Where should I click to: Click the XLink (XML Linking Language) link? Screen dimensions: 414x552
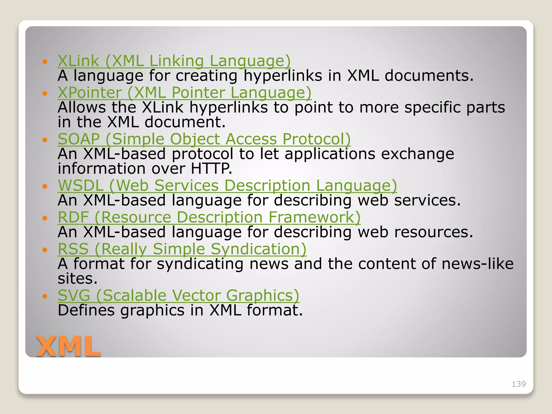174,61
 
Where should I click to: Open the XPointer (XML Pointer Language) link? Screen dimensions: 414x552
185,93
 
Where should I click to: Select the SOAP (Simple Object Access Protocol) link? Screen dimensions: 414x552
204,139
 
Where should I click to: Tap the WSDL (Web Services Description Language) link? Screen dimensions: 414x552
227,186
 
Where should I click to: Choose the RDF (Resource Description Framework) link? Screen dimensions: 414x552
209,217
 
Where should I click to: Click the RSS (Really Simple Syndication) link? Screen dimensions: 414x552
182,249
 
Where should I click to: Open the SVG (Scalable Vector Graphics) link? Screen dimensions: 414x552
178,295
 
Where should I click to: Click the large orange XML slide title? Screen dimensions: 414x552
68,347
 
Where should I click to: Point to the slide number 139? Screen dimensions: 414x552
519,384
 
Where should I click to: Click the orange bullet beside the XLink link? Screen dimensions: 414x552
45,62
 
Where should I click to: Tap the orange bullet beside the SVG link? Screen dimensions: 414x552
45,296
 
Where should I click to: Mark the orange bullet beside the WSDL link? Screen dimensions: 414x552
45,186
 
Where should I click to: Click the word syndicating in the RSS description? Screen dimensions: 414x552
200,264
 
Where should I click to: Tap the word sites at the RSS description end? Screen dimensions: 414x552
77,279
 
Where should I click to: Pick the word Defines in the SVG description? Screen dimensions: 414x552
86,310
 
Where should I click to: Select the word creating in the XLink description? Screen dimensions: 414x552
206,76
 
